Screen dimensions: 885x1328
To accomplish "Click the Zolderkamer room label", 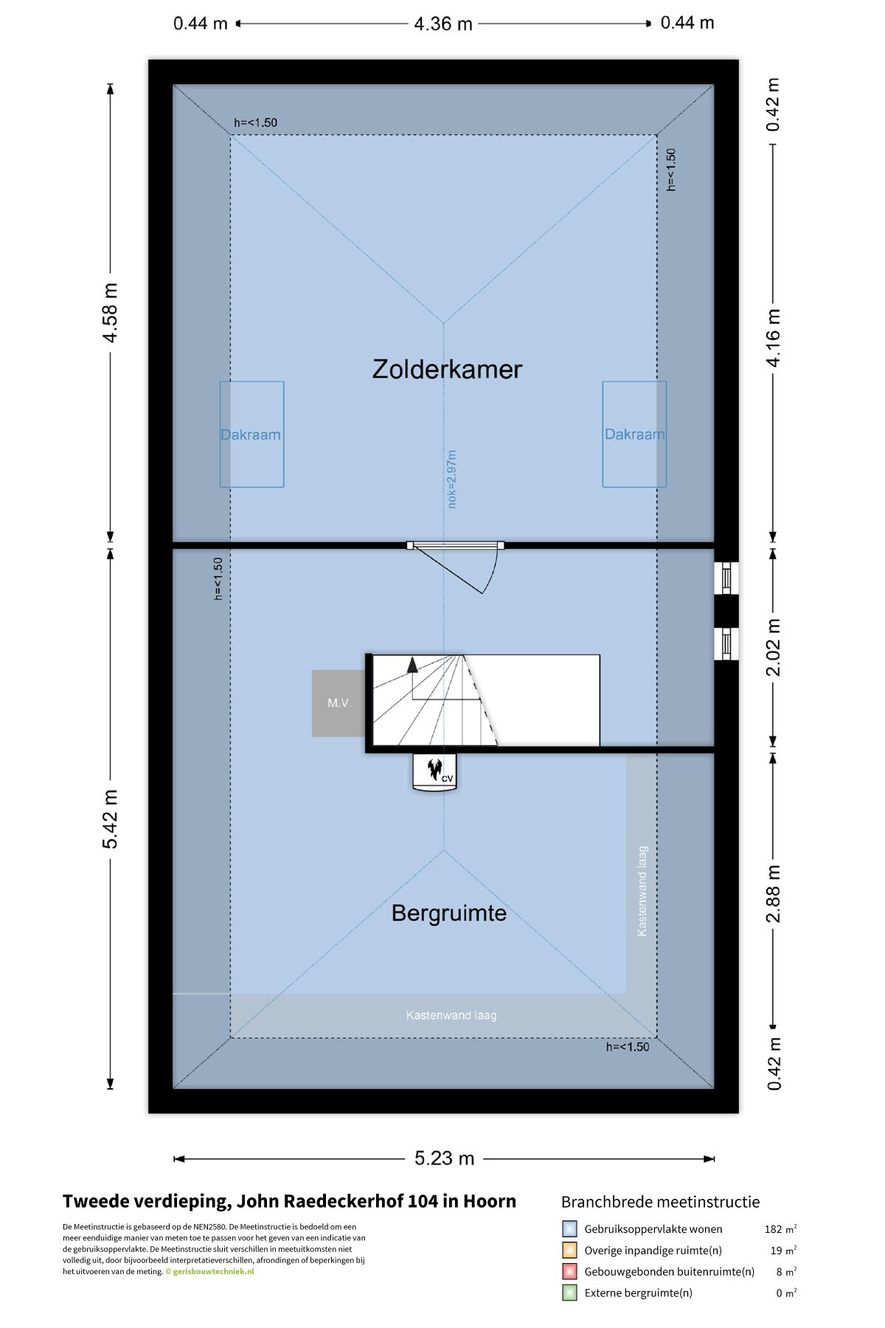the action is click(447, 369).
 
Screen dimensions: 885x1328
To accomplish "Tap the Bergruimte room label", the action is click(448, 913).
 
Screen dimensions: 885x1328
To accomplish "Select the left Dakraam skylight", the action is click(251, 434).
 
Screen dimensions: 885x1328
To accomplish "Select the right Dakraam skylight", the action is click(634, 434).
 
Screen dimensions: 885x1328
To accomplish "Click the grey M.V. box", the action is click(339, 703).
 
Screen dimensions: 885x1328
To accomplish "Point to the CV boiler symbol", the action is click(435, 772).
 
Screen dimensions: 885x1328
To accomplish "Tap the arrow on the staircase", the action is click(412, 664).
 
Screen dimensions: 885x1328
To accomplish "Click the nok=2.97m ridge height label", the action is click(452, 479).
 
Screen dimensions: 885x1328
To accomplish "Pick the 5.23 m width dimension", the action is click(444, 1158).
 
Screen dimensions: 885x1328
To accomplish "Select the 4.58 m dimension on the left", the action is click(110, 313).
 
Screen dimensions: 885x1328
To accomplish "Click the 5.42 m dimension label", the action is click(110, 819).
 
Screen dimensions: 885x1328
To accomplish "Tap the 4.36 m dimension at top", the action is click(443, 24).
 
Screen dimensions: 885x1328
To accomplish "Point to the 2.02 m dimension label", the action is click(773, 647).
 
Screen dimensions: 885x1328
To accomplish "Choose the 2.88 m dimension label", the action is click(773, 894).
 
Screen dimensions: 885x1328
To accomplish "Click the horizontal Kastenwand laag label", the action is click(451, 1015).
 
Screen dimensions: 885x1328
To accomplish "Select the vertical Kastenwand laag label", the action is click(642, 891).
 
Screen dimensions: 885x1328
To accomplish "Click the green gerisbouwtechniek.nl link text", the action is click(214, 1271).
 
